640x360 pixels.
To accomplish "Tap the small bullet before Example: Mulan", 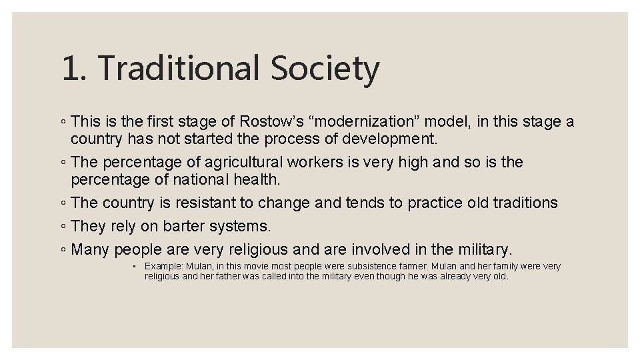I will click(135, 267).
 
